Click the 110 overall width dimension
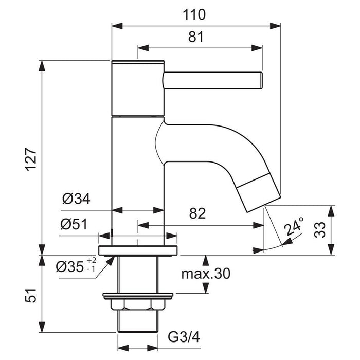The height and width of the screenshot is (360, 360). [196, 14]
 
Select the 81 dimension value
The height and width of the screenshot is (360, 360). [196, 37]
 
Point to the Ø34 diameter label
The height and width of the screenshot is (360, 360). [76, 199]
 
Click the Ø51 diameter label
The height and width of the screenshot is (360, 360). [74, 224]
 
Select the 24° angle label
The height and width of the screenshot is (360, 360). [294, 227]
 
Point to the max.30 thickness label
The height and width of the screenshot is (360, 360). [205, 274]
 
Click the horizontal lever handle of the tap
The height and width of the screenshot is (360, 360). [212, 81]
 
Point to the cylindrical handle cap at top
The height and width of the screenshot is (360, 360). [137, 87]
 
